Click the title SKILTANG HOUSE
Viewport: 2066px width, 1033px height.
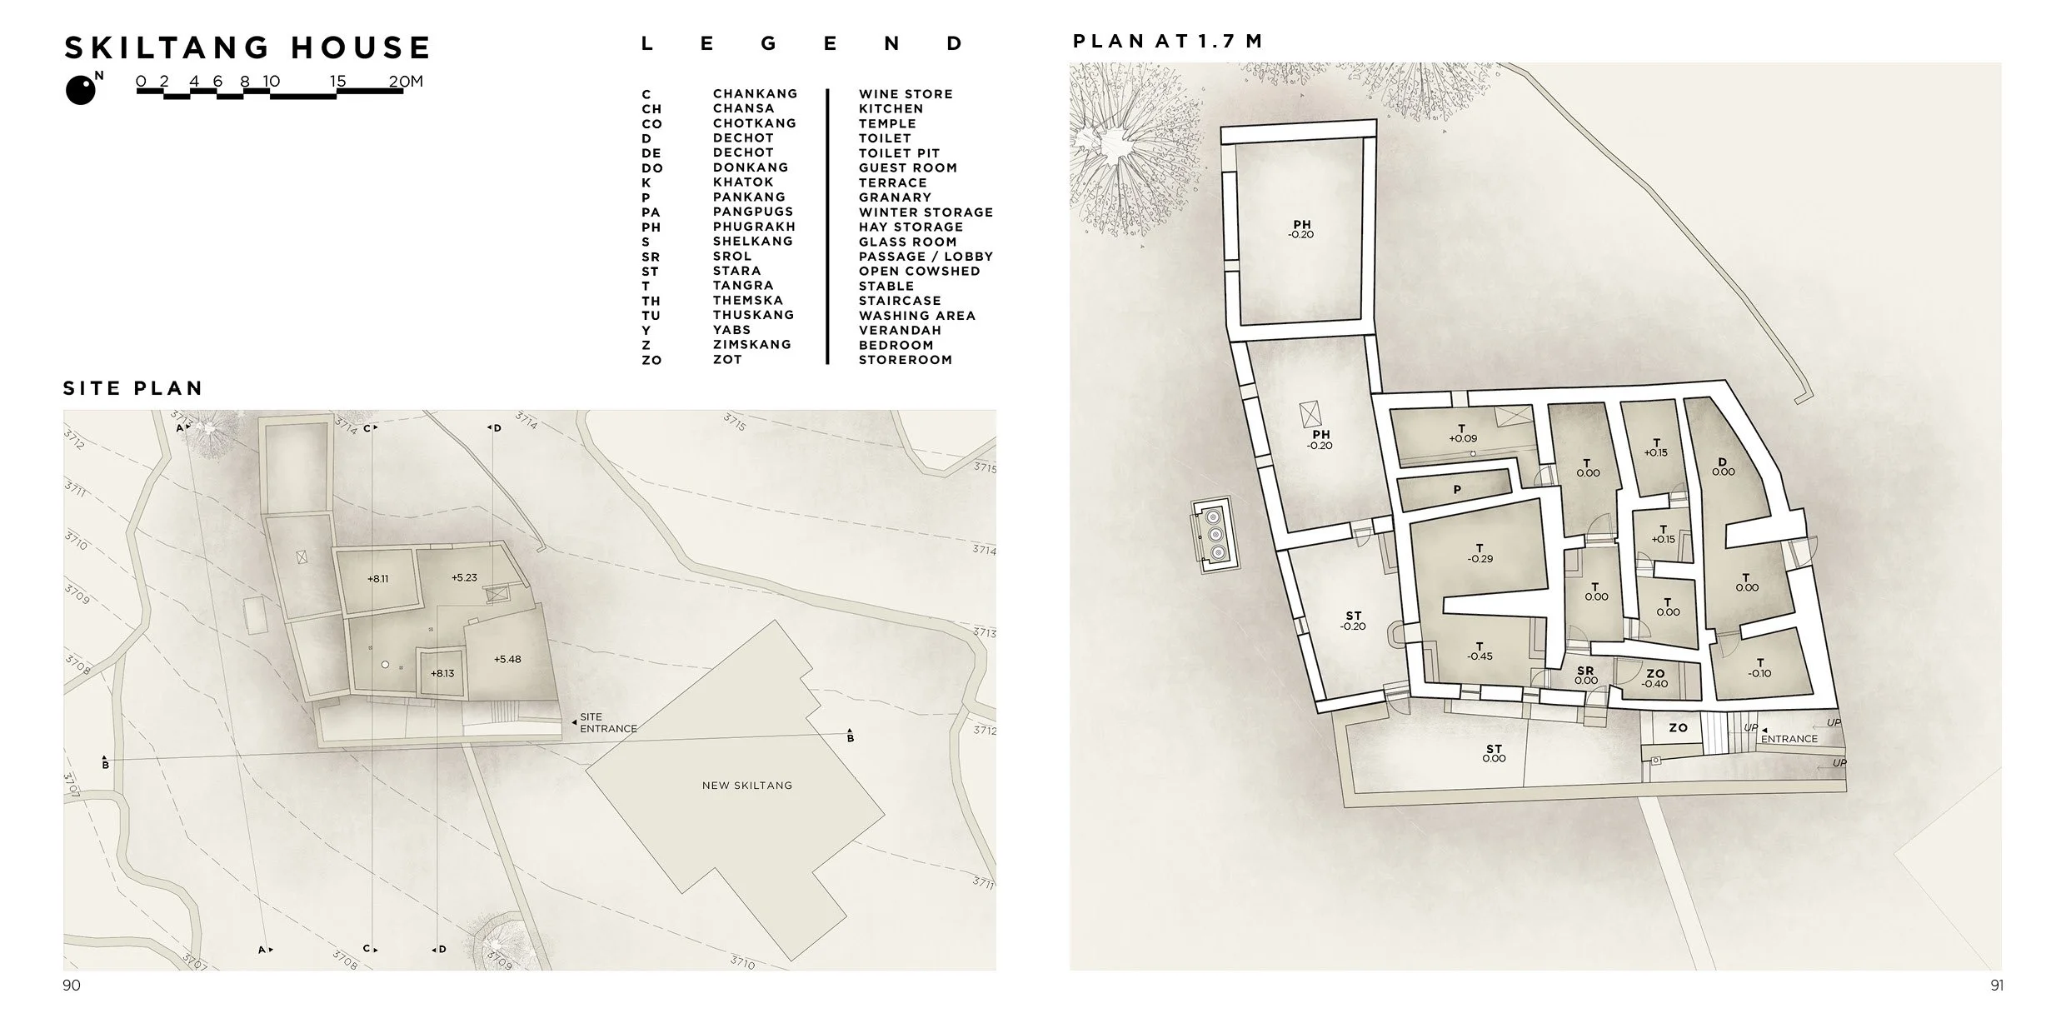click(x=247, y=47)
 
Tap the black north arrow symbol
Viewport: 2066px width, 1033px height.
click(x=81, y=90)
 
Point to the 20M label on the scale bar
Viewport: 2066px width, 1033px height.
click(x=406, y=81)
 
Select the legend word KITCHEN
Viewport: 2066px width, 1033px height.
click(x=891, y=108)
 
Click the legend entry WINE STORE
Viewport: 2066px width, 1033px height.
click(x=906, y=94)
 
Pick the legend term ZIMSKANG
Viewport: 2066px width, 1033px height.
click(x=751, y=344)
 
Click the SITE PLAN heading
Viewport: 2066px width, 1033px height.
click(x=133, y=388)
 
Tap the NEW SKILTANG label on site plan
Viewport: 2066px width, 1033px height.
click(x=747, y=785)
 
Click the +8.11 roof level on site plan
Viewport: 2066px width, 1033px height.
click(x=378, y=578)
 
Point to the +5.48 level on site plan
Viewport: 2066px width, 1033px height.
click(x=507, y=659)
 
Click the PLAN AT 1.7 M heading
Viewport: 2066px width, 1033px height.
click(x=1167, y=42)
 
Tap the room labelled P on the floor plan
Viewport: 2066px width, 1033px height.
click(x=1457, y=490)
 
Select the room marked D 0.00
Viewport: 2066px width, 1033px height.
click(x=1723, y=467)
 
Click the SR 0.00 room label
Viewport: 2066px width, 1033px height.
click(x=1586, y=676)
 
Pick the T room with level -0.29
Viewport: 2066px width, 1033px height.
click(x=1480, y=554)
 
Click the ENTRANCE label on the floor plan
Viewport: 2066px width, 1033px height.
click(x=1789, y=739)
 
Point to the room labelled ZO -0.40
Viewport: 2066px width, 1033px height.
click(x=1654, y=679)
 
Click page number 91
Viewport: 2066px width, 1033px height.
click(x=1997, y=986)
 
